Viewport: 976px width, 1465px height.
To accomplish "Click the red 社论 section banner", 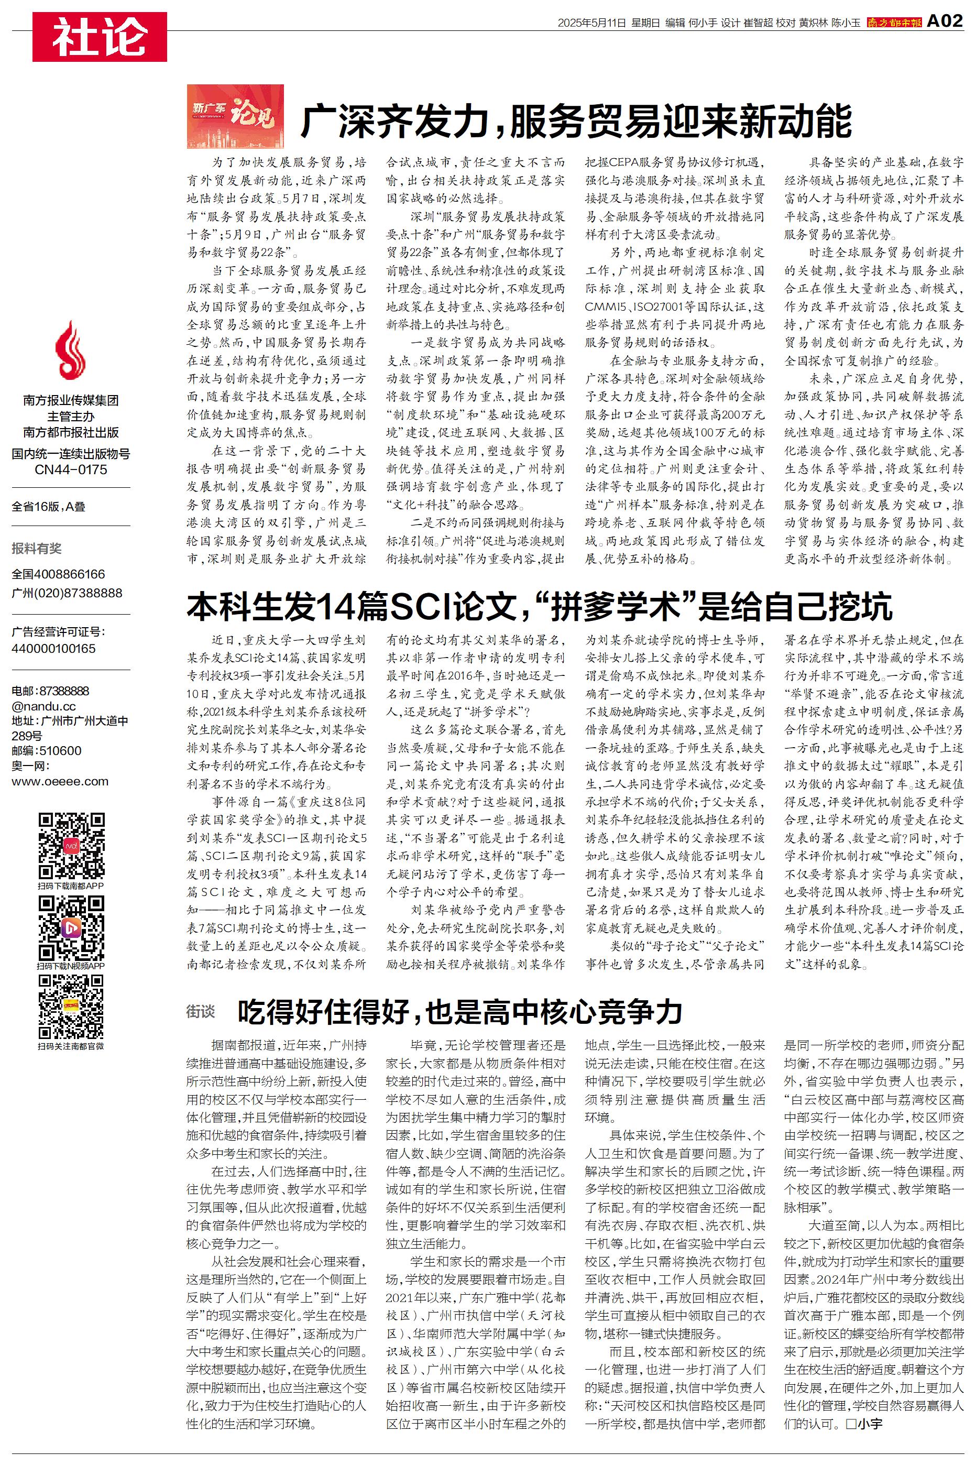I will [x=100, y=37].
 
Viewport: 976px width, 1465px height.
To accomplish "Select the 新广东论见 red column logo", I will [x=235, y=116].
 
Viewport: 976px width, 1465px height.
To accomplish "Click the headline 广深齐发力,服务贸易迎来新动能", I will [x=576, y=122].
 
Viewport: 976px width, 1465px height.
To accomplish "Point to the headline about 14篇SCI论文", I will [x=539, y=606].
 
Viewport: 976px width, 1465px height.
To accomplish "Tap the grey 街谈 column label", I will [x=201, y=1012].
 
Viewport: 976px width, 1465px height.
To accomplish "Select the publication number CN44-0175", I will [x=70, y=469].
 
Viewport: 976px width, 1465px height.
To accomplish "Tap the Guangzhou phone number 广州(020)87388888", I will [x=67, y=593].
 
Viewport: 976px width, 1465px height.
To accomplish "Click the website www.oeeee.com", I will [x=60, y=781].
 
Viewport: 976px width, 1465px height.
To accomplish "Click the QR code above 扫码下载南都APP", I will [x=71, y=845].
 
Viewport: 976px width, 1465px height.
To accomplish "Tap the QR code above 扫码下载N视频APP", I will [x=71, y=927].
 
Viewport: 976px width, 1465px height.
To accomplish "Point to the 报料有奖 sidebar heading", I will [x=37, y=548].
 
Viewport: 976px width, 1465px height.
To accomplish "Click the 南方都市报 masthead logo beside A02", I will [x=894, y=23].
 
